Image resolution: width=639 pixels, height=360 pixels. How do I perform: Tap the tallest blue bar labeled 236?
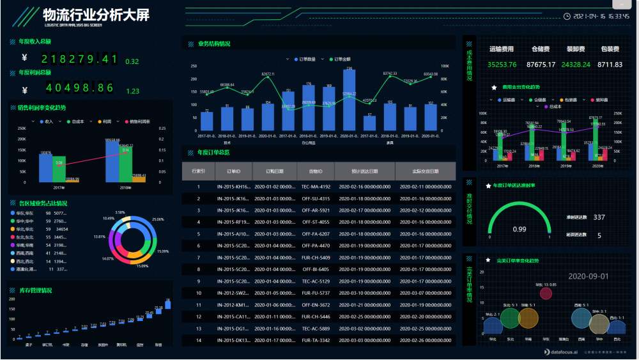349,100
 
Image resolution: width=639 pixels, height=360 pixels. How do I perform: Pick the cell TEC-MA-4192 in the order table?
316,187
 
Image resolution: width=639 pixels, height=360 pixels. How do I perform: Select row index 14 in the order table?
199,340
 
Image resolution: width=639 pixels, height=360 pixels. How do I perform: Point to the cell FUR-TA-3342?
316,340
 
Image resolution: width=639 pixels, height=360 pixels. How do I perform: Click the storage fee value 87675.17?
541,65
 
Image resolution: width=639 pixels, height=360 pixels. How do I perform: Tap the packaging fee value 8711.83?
610,65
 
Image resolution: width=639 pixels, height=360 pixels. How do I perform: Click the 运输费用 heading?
502,49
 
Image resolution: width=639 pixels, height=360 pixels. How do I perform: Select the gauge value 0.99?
520,229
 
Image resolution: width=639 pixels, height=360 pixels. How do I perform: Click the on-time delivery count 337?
599,217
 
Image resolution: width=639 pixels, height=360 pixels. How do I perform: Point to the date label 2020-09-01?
588,276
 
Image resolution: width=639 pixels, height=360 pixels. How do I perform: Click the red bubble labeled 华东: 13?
546,293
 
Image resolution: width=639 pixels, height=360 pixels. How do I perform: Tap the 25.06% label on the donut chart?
158,219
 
